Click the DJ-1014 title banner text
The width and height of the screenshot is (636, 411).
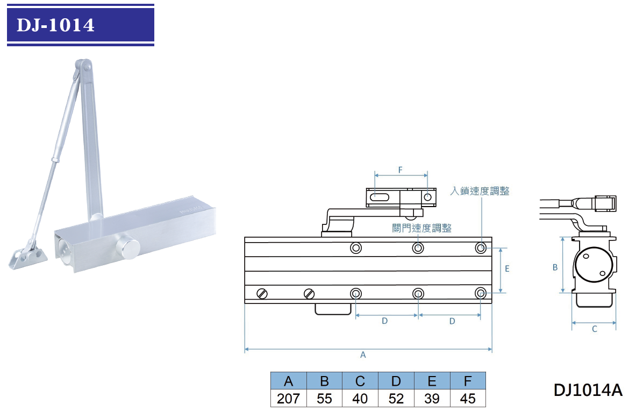click(x=55, y=25)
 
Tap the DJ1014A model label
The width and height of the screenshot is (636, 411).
click(x=588, y=390)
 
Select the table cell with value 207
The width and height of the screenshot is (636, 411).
click(x=288, y=399)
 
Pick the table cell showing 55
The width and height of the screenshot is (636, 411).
click(x=325, y=399)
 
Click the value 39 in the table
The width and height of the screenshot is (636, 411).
click(x=432, y=399)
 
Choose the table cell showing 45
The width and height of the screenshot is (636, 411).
click(x=468, y=399)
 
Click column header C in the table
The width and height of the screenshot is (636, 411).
click(x=360, y=381)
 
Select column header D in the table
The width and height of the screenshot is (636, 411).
click(x=396, y=381)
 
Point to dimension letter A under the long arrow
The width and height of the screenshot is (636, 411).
click(x=363, y=355)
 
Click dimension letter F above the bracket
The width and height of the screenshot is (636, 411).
click(x=401, y=170)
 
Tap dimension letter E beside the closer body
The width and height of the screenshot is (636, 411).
click(x=507, y=268)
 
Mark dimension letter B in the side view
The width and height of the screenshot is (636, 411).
click(x=555, y=267)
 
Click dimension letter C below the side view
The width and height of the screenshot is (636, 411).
click(x=594, y=329)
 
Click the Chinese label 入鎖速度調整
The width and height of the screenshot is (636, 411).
click(x=480, y=191)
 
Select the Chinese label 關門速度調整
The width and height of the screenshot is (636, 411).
click(x=422, y=228)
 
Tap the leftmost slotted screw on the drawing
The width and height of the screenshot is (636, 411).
click(x=262, y=293)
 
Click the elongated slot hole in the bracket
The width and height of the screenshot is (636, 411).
click(x=380, y=197)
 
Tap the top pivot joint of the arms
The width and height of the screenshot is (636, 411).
click(x=83, y=66)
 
